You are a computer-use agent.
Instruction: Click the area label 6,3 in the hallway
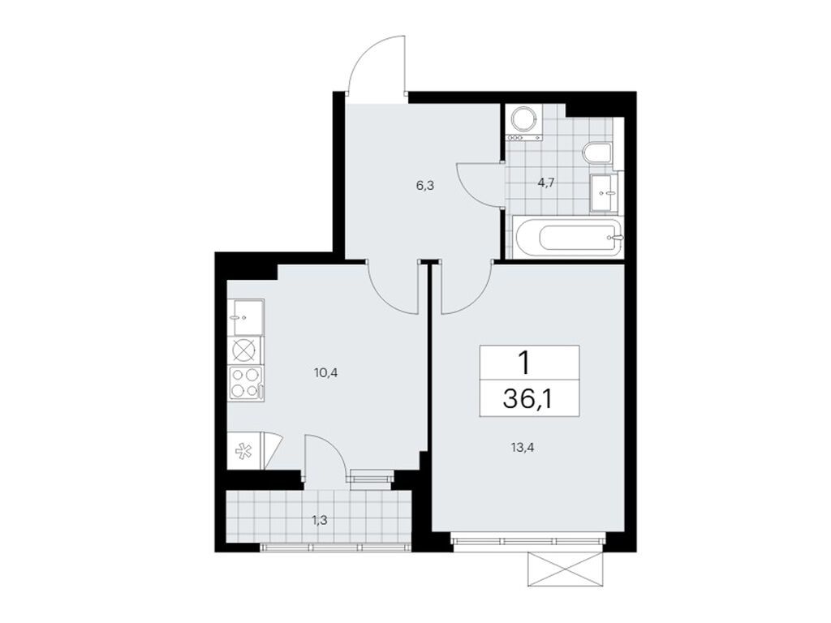point(425,185)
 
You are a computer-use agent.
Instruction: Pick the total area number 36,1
point(528,400)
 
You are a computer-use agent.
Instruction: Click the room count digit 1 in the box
point(527,363)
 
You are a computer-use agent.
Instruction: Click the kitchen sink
point(245,316)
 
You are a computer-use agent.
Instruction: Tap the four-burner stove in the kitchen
point(245,382)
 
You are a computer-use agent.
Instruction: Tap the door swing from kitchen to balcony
point(326,455)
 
